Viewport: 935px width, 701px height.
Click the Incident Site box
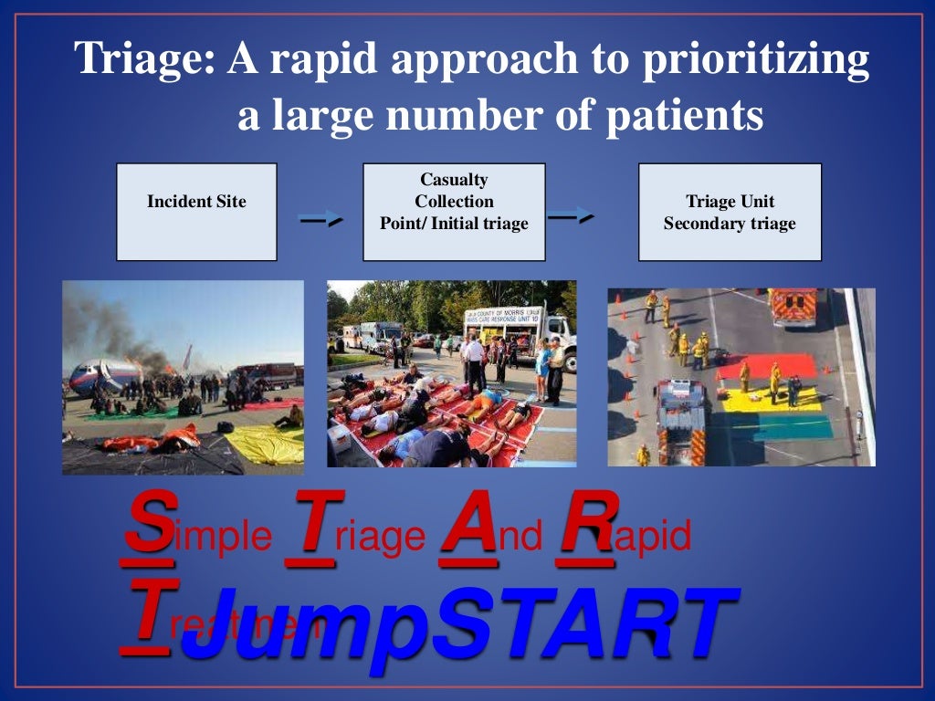click(x=196, y=212)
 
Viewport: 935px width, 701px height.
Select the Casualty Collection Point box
click(x=454, y=212)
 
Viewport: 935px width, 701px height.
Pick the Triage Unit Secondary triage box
click(x=730, y=212)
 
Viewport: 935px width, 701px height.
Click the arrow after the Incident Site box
click(x=320, y=220)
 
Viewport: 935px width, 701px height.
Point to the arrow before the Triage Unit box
click(x=572, y=216)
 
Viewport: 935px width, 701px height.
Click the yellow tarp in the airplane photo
click(x=265, y=443)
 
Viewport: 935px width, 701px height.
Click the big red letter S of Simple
click(x=148, y=522)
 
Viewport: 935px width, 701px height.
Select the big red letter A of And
click(x=468, y=522)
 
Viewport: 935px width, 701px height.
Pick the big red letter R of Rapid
click(x=584, y=522)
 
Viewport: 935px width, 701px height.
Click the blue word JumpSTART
click(x=457, y=625)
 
